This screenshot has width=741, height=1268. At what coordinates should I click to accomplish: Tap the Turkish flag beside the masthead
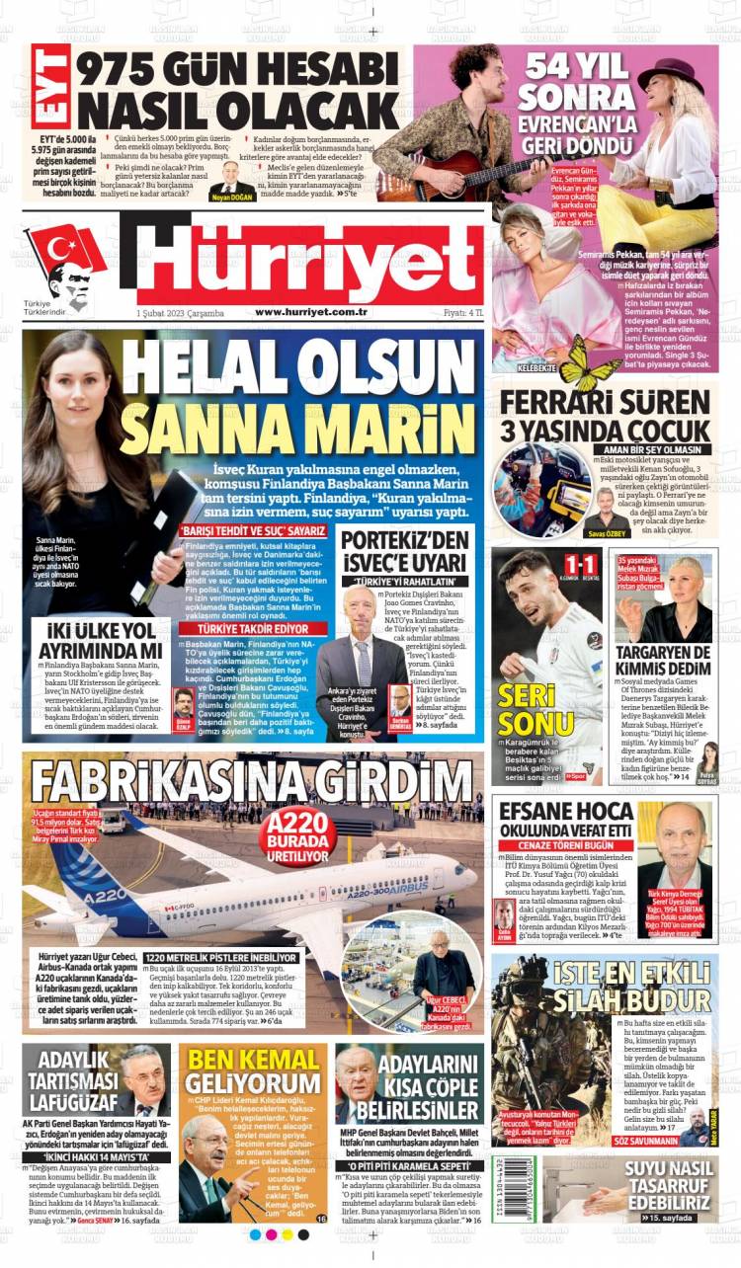click(x=65, y=252)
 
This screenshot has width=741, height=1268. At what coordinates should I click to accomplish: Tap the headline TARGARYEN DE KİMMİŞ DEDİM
click(x=663, y=663)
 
